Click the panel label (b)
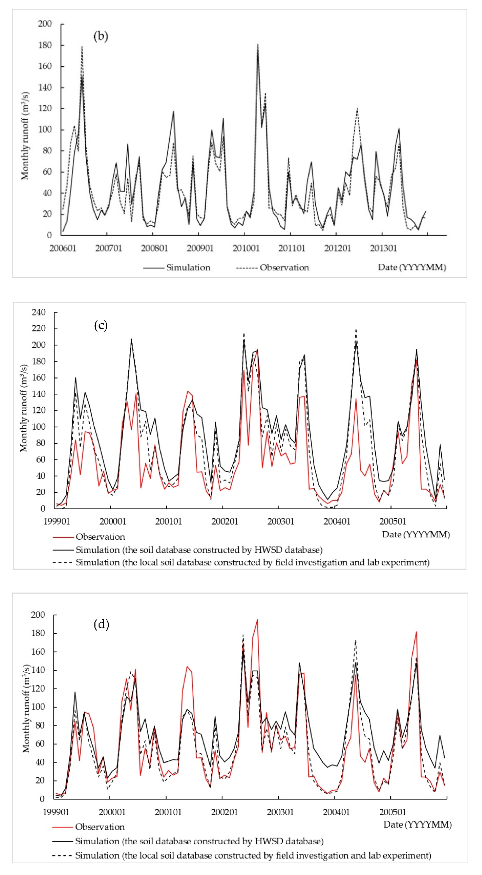coord(101,36)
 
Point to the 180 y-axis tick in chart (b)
coord(45,45)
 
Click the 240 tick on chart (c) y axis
coord(38,312)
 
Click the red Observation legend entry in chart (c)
coord(100,537)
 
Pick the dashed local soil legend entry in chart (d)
coord(253,855)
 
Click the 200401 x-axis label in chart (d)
coord(336,812)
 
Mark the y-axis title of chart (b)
coord(25,136)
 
